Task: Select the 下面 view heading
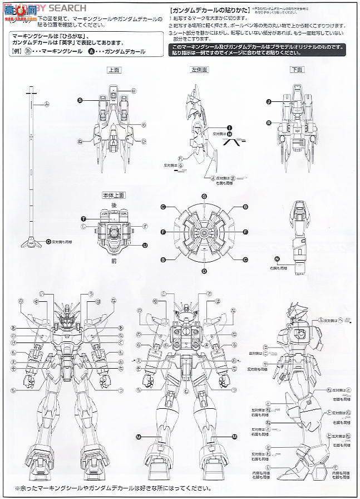[297, 70]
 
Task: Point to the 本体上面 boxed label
[114, 194]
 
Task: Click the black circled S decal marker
[80, 100]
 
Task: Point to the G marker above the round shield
[204, 196]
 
